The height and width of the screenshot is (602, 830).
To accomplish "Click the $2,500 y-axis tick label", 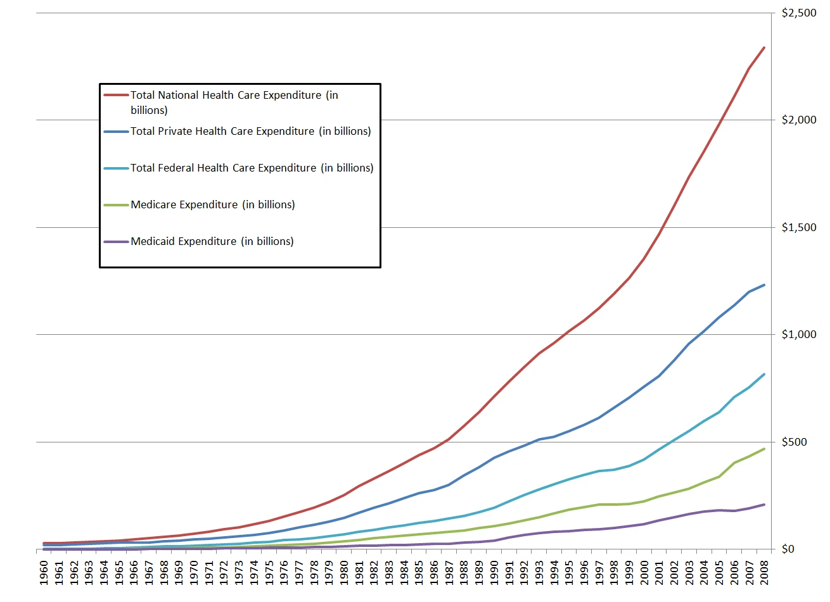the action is [x=799, y=13].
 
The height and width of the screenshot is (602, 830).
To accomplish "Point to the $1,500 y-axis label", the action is [x=799, y=227].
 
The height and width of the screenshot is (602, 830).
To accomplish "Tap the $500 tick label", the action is [x=794, y=442].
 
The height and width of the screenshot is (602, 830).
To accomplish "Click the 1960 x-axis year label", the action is [x=44, y=573].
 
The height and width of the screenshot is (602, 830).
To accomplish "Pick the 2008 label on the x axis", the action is [x=764, y=573].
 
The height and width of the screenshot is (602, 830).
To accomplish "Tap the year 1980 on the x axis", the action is [x=344, y=573].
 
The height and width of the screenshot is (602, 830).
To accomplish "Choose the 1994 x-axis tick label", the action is [x=554, y=573].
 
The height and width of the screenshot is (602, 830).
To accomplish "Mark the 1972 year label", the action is [x=224, y=573].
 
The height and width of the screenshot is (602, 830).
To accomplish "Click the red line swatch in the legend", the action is [x=116, y=95].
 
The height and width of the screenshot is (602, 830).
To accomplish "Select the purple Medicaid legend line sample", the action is [x=116, y=242].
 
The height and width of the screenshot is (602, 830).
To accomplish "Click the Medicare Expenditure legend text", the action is [x=213, y=204].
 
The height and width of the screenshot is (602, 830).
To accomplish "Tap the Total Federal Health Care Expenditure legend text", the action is [x=252, y=168].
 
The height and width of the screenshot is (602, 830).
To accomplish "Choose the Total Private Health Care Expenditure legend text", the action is [x=250, y=132].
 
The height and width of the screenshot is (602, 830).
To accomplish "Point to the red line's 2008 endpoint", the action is [x=764, y=47].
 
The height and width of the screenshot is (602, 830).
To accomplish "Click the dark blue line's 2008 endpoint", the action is [x=764, y=285].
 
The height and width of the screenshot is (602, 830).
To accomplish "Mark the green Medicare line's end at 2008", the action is [x=764, y=449].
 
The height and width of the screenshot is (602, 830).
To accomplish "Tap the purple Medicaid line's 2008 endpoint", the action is [x=764, y=505].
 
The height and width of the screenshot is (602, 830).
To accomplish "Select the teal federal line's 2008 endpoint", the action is [x=764, y=374].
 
